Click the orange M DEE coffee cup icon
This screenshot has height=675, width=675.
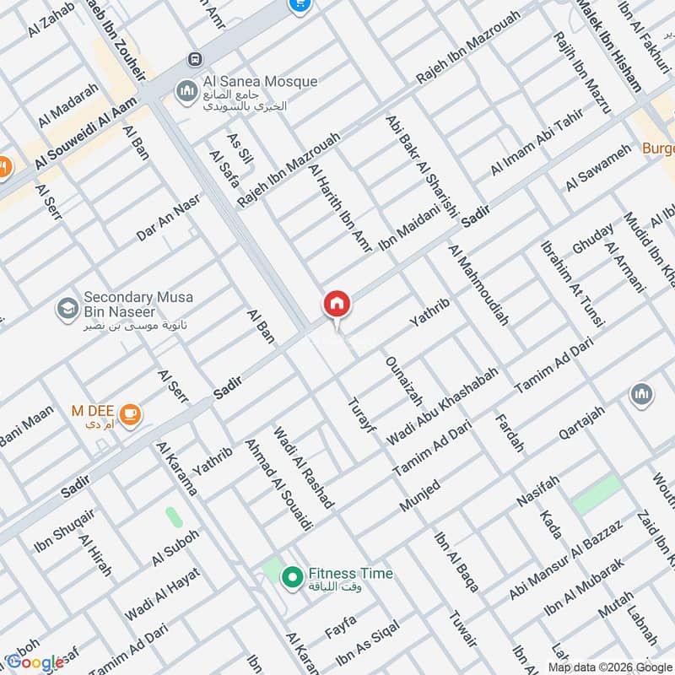[x=130, y=413]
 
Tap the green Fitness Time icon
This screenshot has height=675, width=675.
[x=292, y=577]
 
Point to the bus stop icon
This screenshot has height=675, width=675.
[x=196, y=59]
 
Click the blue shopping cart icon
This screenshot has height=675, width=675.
[x=298, y=4]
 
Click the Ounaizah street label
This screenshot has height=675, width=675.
[x=403, y=381]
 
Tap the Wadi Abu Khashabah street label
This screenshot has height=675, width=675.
[x=442, y=406]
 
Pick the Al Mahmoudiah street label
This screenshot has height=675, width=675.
[x=479, y=285]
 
